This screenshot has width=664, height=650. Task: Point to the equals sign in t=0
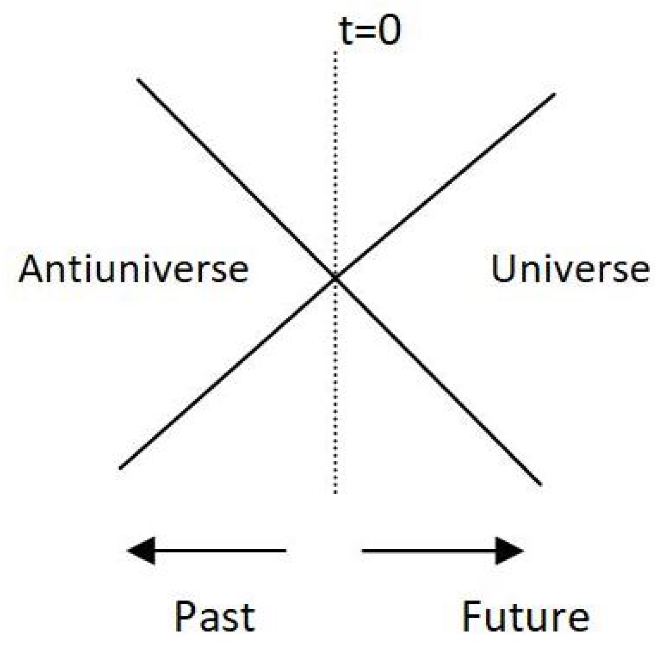point(366,31)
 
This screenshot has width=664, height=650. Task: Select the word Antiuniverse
point(133,269)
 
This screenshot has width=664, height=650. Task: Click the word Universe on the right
point(570,269)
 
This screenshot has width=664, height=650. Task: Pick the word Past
point(215,617)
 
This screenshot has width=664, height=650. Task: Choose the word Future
point(525,616)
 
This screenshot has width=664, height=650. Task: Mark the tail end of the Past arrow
point(285,551)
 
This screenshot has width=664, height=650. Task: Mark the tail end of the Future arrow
point(363,551)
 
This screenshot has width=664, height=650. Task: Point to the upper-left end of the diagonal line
point(138,79)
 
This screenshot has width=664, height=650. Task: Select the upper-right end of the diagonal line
point(554,94)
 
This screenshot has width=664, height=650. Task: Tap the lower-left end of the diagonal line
point(121,469)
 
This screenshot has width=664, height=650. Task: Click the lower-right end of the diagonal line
point(541,485)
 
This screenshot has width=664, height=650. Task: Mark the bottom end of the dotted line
point(335,493)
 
